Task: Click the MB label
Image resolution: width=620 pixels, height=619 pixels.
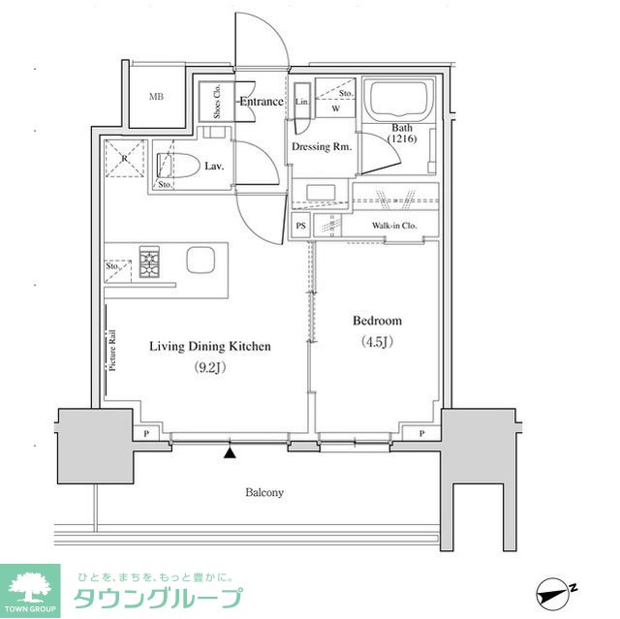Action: pyautogui.click(x=156, y=97)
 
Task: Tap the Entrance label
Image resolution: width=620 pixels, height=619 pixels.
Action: pyautogui.click(x=261, y=102)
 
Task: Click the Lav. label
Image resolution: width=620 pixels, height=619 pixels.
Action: pyautogui.click(x=214, y=167)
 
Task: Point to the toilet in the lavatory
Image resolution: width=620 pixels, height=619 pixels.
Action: pyautogui.click(x=185, y=165)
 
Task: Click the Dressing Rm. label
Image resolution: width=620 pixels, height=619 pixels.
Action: pyautogui.click(x=321, y=147)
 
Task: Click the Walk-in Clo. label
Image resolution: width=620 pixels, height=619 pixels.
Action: pyautogui.click(x=393, y=227)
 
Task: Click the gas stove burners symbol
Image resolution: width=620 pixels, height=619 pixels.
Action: pyautogui.click(x=152, y=263)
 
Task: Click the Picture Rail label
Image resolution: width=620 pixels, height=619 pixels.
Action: pyautogui.click(x=113, y=349)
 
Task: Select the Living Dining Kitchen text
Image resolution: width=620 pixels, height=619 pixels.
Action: pyautogui.click(x=209, y=346)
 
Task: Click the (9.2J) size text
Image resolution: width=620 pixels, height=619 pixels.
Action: pyautogui.click(x=209, y=367)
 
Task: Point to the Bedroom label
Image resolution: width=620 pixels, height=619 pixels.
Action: pyautogui.click(x=376, y=321)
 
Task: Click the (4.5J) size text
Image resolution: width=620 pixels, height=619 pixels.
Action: pyautogui.click(x=376, y=341)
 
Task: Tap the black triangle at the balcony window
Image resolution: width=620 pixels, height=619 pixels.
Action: pyautogui.click(x=230, y=451)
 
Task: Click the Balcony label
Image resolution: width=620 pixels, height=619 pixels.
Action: pyautogui.click(x=263, y=493)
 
